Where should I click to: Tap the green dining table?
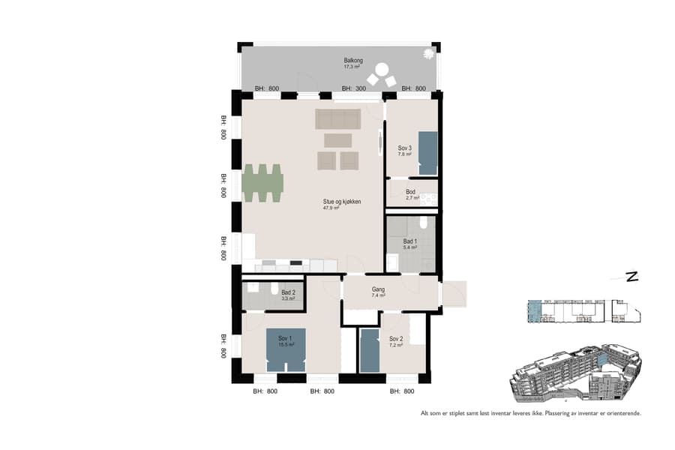pos(262,183)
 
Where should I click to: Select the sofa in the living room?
pos(338,118)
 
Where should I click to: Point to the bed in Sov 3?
pos(427,153)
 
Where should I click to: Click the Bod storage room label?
pos(410,192)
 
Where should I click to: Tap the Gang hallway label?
pos(378,289)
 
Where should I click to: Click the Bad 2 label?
pos(288,292)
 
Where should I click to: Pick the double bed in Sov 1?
pos(286,349)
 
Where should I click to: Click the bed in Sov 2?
pos(370,350)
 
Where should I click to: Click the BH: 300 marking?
pos(354,88)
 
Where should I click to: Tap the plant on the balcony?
pos(429,54)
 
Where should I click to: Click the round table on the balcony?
pos(382,70)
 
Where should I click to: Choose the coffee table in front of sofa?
pos(337,140)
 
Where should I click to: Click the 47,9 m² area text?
pos(331,208)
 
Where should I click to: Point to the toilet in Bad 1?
pos(424,223)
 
